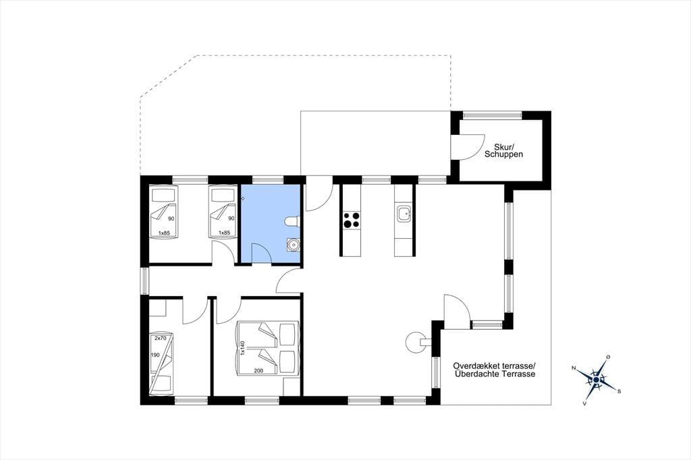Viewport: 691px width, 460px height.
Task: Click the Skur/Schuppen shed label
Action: [x=503, y=150]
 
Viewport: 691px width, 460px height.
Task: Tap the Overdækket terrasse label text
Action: [x=494, y=366]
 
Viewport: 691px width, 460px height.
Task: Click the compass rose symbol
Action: [x=597, y=379]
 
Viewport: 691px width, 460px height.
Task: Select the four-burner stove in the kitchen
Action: [x=351, y=220]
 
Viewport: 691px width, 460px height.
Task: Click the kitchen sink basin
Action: [x=404, y=214]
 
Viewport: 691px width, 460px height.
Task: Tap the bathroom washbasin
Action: [x=293, y=244]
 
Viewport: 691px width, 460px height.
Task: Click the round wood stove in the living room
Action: [x=416, y=341]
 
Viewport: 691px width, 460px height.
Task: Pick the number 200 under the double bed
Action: [x=258, y=370]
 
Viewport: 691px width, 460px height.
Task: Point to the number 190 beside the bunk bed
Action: [x=155, y=355]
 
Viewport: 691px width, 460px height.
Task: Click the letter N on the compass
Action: [x=574, y=368]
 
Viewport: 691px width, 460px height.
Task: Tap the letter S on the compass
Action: [x=619, y=391]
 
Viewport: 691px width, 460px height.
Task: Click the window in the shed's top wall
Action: [x=492, y=115]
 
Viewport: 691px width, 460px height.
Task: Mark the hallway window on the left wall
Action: [x=144, y=281]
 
